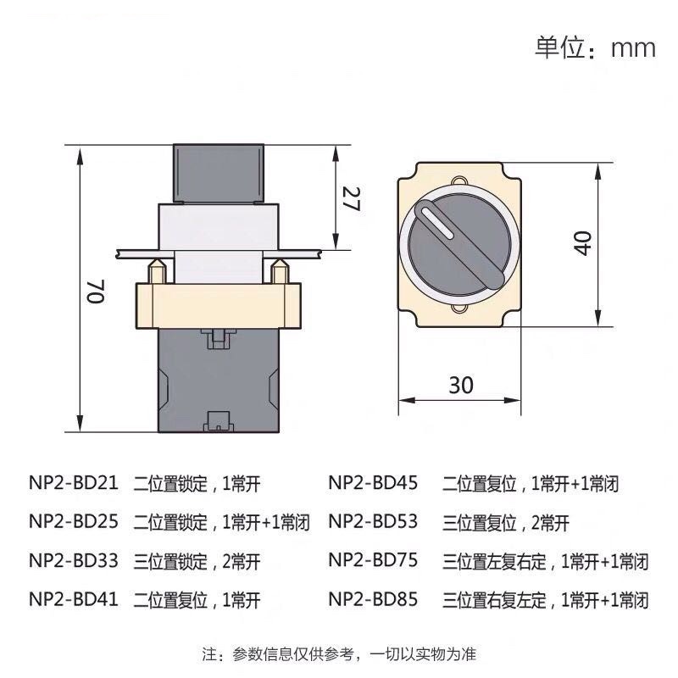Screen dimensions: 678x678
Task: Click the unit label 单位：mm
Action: pyautogui.click(x=595, y=47)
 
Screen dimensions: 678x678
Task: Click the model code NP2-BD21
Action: pyautogui.click(x=74, y=484)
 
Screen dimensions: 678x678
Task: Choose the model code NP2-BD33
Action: pyautogui.click(x=74, y=561)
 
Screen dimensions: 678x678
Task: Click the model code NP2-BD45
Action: pyautogui.click(x=373, y=484)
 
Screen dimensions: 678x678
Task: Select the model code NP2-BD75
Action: pyautogui.click(x=373, y=561)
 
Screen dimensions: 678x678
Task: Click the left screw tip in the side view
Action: pyautogui.click(x=157, y=271)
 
